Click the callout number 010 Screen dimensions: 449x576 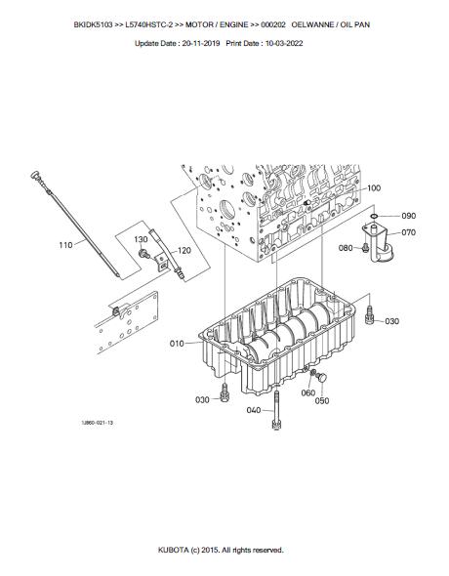tap(177, 344)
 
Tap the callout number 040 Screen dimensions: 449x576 tap(254, 410)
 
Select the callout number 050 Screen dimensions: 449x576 tap(322, 401)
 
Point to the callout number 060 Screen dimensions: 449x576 tap(308, 393)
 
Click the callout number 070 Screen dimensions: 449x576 tap(409, 232)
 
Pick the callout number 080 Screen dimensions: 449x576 tap(346, 248)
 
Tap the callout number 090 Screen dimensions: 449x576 tap(409, 216)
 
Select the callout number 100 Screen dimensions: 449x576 tap(374, 188)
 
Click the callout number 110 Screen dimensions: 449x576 tap(65, 245)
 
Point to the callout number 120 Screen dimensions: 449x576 tap(184, 251)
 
